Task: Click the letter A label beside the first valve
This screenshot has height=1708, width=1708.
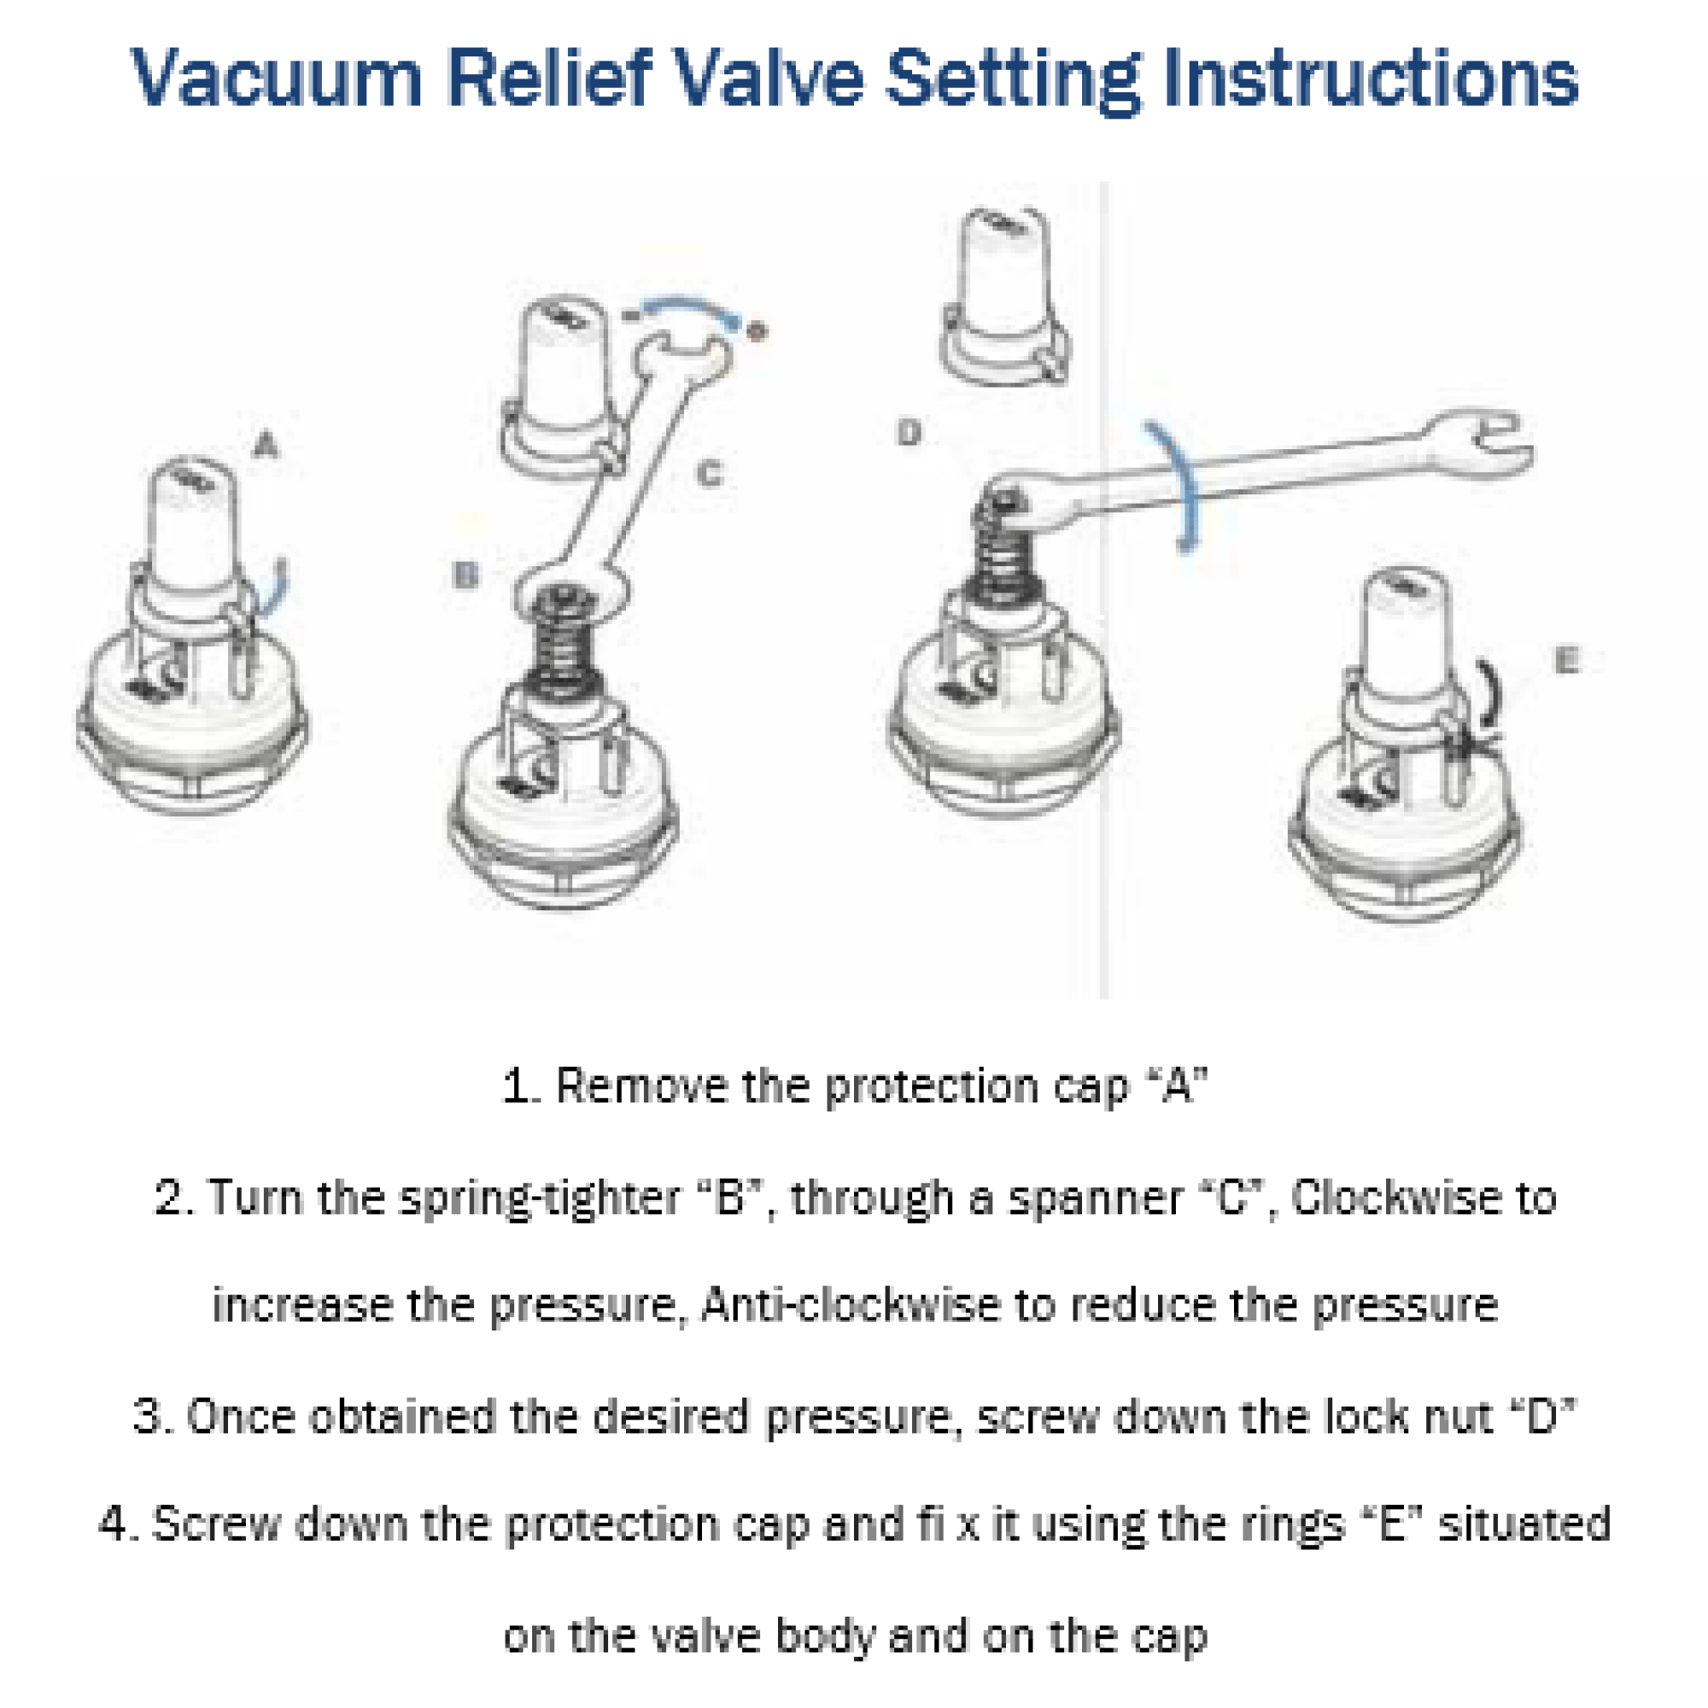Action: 266,445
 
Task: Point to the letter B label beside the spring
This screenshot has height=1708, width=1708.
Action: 465,576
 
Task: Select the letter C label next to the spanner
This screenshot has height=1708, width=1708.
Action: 709,474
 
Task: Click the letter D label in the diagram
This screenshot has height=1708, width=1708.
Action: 909,433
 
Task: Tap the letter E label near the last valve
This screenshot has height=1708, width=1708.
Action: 1566,660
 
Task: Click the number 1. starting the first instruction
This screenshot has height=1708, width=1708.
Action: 521,1085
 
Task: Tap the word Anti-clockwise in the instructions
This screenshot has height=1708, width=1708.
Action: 850,1304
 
